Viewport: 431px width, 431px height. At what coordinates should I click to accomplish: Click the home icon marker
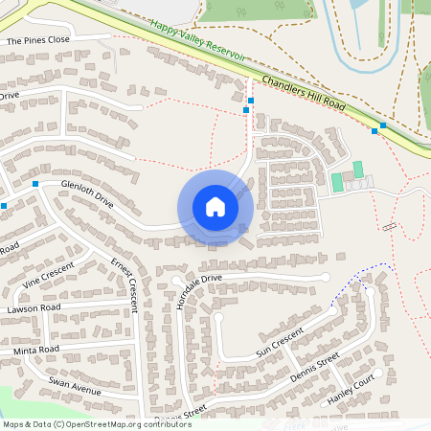point(215,207)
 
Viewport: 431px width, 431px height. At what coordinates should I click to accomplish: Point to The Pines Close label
point(38,42)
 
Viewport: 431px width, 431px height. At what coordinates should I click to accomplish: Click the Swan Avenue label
point(75,386)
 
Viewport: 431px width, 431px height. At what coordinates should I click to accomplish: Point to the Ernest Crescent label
point(125,284)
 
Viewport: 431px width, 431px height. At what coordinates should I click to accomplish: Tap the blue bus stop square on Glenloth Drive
point(35,183)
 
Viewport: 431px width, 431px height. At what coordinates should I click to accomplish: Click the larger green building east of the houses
point(336,181)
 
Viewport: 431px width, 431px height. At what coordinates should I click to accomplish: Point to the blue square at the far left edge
point(4,205)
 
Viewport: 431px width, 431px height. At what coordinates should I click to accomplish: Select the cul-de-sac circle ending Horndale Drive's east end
point(327,277)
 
